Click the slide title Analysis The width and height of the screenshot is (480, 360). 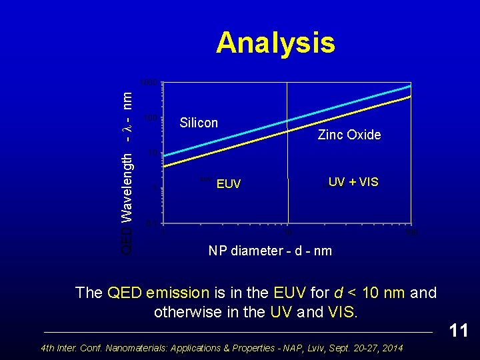[x=275, y=43]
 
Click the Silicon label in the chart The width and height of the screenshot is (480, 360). [x=199, y=123]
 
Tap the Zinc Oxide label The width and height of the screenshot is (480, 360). [x=349, y=135]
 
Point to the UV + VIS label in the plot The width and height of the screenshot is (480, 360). [x=353, y=182]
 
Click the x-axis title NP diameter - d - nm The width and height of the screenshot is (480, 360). [x=270, y=251]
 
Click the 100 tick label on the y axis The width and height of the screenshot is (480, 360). [x=151, y=118]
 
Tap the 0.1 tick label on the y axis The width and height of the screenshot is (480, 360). [x=152, y=222]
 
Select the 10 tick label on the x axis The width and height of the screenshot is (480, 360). [x=287, y=233]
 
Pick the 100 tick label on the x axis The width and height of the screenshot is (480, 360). [x=411, y=233]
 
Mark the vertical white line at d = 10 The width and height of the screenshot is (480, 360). [x=287, y=200]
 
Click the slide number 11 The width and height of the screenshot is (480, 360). [x=458, y=331]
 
